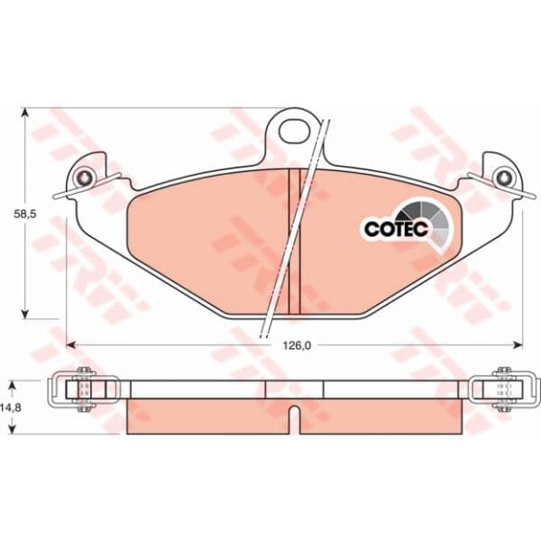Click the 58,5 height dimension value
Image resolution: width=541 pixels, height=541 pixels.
pyautogui.click(x=25, y=214)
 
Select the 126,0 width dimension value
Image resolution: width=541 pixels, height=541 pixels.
pyautogui.click(x=297, y=345)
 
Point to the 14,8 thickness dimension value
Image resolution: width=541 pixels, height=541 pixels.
pyautogui.click(x=13, y=408)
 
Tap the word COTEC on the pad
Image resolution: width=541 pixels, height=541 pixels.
pyautogui.click(x=396, y=228)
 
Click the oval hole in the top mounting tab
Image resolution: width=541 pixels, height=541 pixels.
pyautogui.click(x=294, y=130)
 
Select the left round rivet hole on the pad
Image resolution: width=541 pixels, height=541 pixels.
pyautogui.click(x=84, y=178)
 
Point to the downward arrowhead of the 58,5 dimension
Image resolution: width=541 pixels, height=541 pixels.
pyautogui.click(x=24, y=314)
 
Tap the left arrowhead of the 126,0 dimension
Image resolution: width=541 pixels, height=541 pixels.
pyautogui.click(x=70, y=344)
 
